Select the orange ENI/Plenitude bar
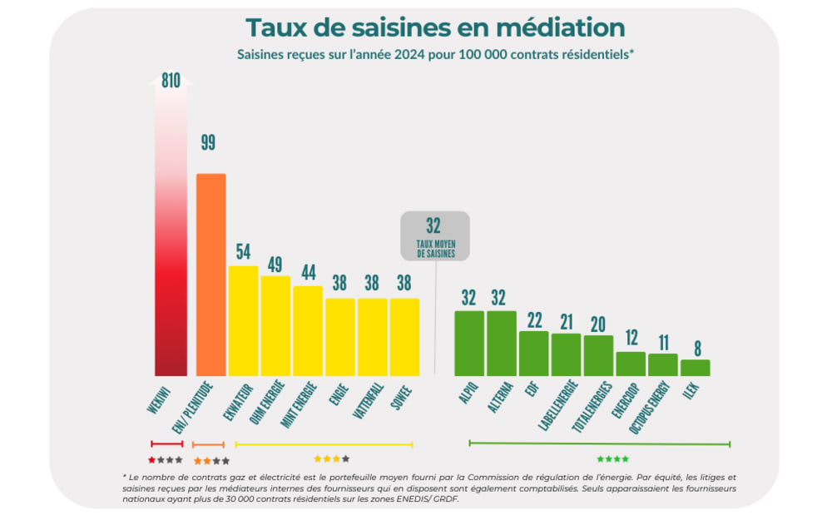[210, 275]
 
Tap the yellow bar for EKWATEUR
[243, 320]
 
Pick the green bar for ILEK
[695, 367]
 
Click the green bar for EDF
[533, 354]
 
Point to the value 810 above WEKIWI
[171, 81]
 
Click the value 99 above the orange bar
[208, 142]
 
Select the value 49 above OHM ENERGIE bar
[275, 265]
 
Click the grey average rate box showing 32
[435, 235]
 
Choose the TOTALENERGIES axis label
[594, 407]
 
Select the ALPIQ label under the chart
[468, 394]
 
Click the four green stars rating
[613, 459]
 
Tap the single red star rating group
[165, 460]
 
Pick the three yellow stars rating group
[331, 459]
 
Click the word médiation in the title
[560, 27]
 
